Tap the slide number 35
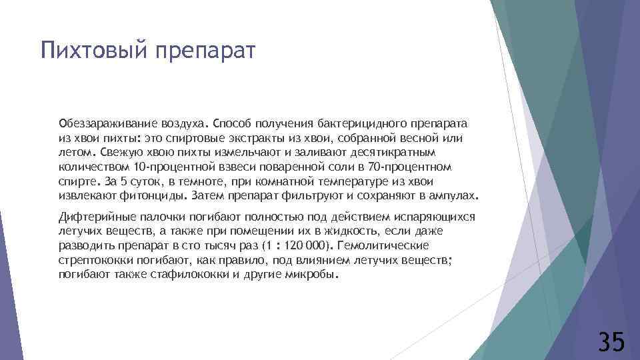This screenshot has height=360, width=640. point(611,341)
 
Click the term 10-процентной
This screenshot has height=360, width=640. point(169,165)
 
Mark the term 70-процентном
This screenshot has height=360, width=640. point(411,165)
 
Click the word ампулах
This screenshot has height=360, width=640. point(455,196)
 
